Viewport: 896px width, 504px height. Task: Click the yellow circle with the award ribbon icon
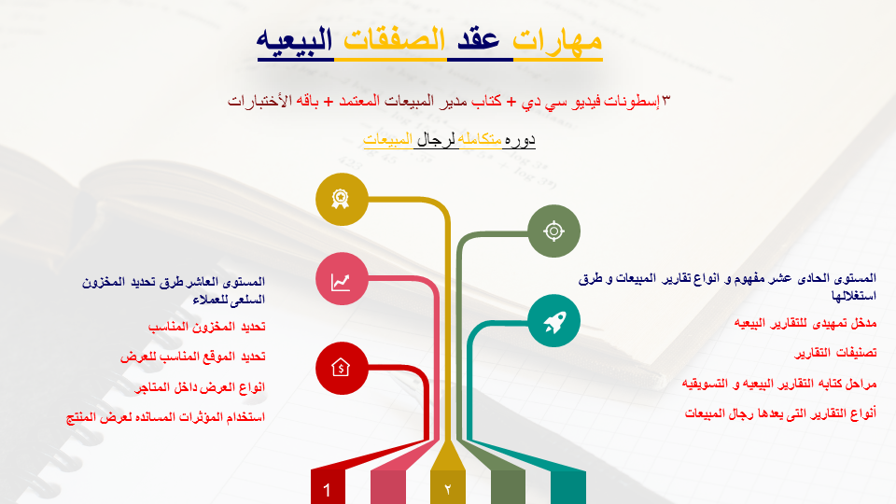click(342, 198)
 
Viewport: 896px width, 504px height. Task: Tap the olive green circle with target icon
click(553, 231)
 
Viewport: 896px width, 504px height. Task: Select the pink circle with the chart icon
click(342, 278)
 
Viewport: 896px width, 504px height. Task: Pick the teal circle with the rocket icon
click(553, 320)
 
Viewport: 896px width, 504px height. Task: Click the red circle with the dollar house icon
click(342, 368)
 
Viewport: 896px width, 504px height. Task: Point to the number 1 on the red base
click(327, 490)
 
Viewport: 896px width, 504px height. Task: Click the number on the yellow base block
click(447, 489)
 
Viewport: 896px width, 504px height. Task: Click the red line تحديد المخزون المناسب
click(207, 327)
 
